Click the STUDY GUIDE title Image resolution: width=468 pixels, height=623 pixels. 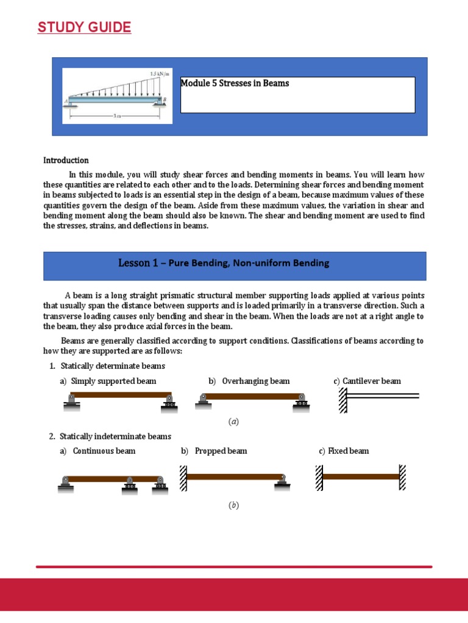coord(84,27)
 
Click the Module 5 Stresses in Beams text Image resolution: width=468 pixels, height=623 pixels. coord(235,83)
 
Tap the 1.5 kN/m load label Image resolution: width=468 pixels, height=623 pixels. coord(159,74)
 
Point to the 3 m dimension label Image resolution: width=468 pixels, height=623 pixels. coord(116,115)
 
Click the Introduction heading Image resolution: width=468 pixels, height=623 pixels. coord(66,161)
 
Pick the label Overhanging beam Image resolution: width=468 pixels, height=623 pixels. coord(255,381)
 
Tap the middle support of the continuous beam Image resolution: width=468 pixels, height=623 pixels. coord(129,486)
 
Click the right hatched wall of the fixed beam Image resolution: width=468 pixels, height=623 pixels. coord(403,478)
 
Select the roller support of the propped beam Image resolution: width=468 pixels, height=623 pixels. coord(281,482)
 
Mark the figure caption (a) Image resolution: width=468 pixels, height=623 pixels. coord(233,422)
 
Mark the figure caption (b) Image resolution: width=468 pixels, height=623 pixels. coord(233,506)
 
